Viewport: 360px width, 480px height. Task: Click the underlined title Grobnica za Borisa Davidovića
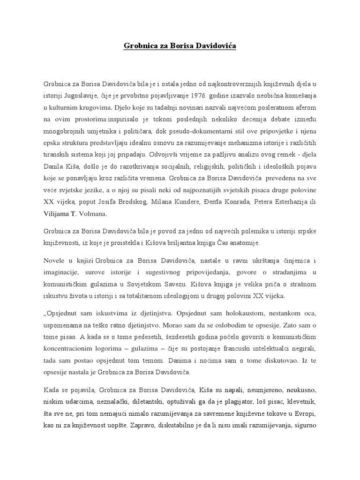[180, 46]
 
